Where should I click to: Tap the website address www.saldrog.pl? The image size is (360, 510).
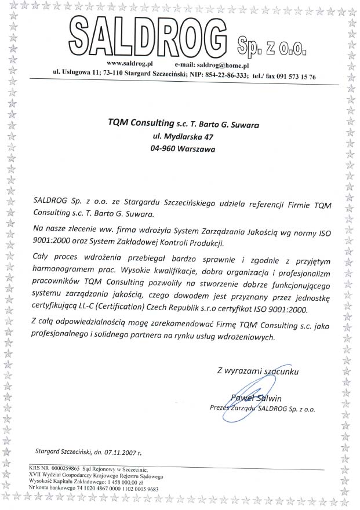coord(130,67)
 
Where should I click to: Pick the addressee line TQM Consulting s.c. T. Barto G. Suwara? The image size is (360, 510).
coord(183,124)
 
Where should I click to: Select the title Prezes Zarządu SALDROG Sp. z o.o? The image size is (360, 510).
coord(262,409)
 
